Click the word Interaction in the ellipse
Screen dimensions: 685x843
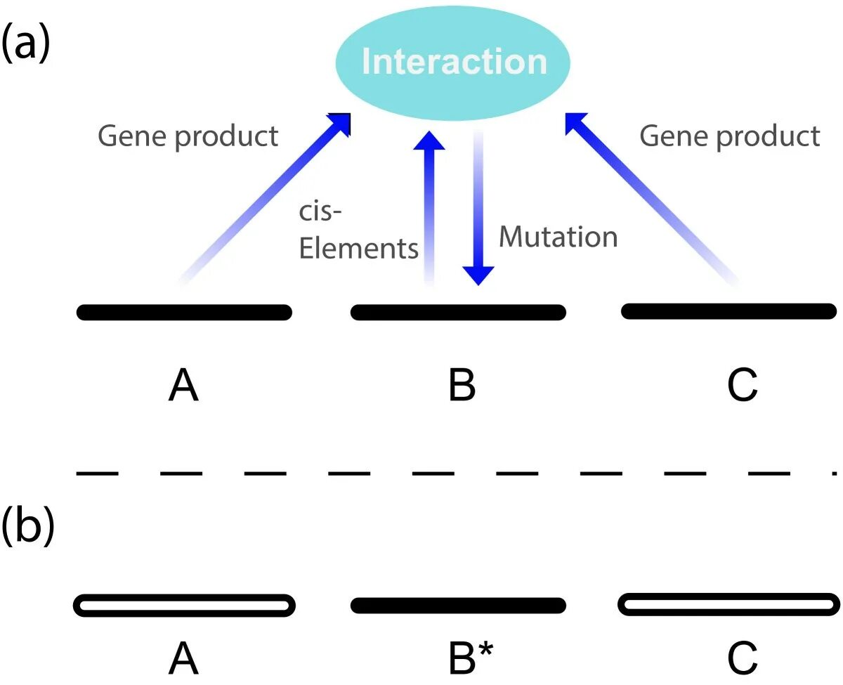[x=454, y=62]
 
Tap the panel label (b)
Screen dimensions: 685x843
[x=27, y=528]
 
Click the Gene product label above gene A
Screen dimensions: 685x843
[x=188, y=136]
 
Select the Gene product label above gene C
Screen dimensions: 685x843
[x=729, y=136]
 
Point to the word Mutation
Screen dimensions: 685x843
[x=558, y=237]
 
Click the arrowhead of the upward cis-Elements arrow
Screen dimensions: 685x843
[x=429, y=141]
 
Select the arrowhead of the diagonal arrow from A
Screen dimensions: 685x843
[x=340, y=124]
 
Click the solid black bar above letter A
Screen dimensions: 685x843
[x=184, y=312]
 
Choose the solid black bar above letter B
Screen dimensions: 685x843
[x=457, y=312]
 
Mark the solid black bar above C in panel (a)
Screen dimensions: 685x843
[x=728, y=311]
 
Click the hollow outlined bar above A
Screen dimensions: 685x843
[x=184, y=605]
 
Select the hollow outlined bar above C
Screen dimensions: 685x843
[x=728, y=604]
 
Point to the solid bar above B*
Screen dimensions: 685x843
[x=457, y=605]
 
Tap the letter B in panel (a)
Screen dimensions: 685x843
[x=462, y=386]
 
